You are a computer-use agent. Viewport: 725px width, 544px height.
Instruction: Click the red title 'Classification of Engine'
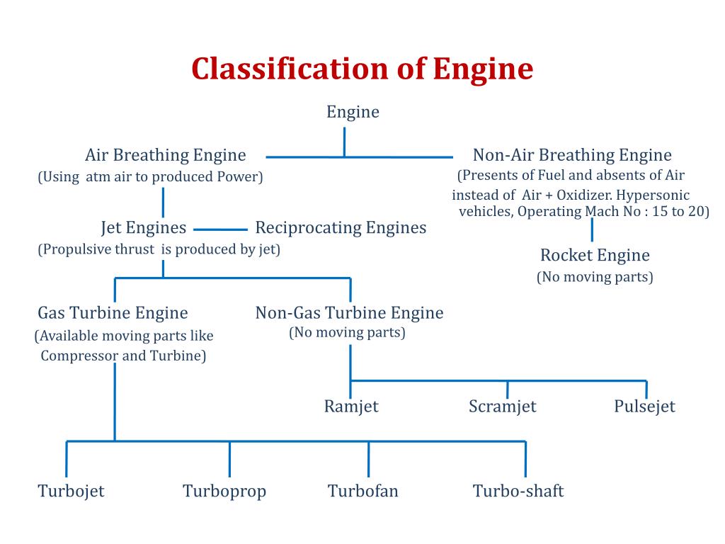coord(362,69)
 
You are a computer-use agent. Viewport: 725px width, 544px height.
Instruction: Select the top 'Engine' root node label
coord(353,113)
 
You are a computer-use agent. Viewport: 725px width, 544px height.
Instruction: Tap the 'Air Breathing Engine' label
coord(166,155)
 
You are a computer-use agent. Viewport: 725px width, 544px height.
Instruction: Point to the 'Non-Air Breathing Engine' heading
coord(572,155)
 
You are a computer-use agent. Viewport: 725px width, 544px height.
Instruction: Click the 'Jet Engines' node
coord(144,228)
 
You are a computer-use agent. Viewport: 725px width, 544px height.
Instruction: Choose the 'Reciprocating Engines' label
coord(341,228)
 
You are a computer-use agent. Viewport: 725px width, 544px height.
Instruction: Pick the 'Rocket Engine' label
coord(595,255)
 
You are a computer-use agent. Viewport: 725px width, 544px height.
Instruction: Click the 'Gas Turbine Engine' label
coord(113,313)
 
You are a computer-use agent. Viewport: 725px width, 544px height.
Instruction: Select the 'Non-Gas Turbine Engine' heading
coord(350,313)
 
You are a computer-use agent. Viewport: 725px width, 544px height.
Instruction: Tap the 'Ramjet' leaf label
coord(351,407)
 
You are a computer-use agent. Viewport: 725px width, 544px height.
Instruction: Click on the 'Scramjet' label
coord(503,407)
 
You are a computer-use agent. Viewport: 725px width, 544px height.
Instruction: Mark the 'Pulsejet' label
coord(644,407)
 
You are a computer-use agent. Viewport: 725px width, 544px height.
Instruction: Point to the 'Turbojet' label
coord(72,492)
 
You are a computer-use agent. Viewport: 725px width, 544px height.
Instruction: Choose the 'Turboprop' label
coord(224,492)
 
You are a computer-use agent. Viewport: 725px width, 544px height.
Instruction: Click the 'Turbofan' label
coord(363,492)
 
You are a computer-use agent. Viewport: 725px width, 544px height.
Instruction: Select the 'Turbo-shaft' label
coord(518,492)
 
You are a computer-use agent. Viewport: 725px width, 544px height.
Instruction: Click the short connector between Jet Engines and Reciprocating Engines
coord(221,229)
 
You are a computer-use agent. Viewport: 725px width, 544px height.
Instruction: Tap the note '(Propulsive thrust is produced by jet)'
coord(159,250)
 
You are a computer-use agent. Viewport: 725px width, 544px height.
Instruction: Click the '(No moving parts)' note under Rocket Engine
coord(595,278)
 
